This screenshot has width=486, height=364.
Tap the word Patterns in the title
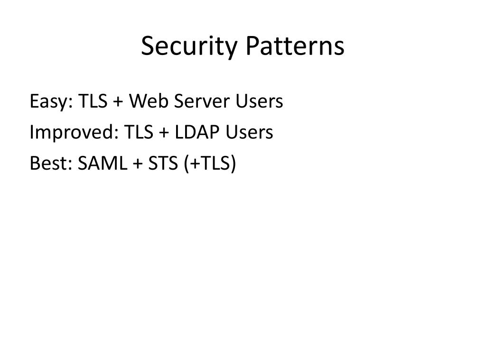pos(295,47)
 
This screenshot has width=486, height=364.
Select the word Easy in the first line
pos(49,101)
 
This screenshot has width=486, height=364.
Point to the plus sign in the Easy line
pos(118,102)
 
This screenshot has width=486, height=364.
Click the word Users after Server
pos(260,101)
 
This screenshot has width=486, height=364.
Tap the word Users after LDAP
pos(250,132)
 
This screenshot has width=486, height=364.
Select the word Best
pos(45,164)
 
